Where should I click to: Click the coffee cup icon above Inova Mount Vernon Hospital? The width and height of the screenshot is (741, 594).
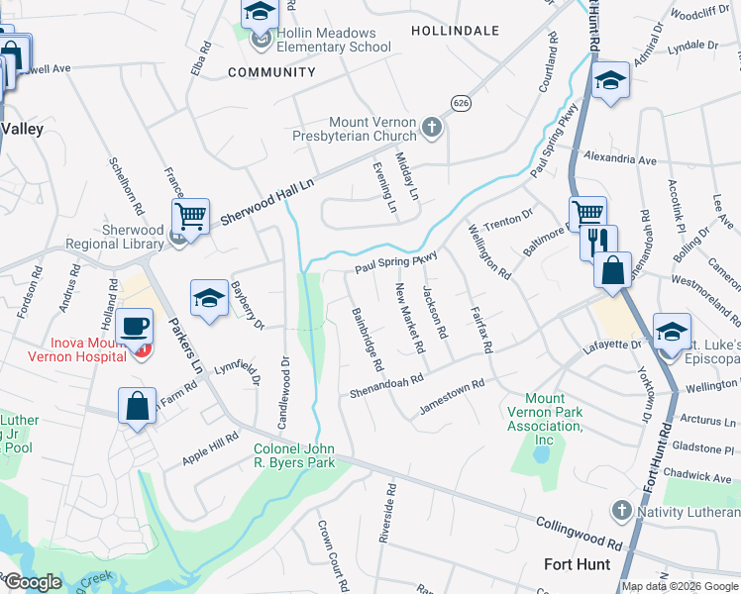pyautogui.click(x=134, y=325)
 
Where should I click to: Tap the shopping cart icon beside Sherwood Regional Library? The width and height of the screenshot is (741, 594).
pyautogui.click(x=190, y=215)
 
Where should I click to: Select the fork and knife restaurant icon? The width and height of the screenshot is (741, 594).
pyautogui.click(x=598, y=242)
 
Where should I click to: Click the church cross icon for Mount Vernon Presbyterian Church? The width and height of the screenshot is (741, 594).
pyautogui.click(x=431, y=127)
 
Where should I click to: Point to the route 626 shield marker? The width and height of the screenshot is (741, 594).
pyautogui.click(x=460, y=103)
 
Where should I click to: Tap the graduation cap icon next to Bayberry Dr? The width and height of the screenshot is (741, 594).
pyautogui.click(x=209, y=298)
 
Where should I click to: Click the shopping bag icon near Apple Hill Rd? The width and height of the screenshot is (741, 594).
pyautogui.click(x=136, y=406)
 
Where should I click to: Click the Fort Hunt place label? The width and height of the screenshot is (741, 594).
pyautogui.click(x=578, y=563)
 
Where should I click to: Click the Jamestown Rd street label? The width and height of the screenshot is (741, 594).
pyautogui.click(x=452, y=395)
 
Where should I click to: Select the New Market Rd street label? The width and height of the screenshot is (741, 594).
pyautogui.click(x=409, y=319)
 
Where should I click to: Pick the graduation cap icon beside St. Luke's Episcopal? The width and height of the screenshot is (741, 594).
pyautogui.click(x=672, y=333)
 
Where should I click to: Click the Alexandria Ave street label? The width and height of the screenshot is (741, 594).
pyautogui.click(x=620, y=158)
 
